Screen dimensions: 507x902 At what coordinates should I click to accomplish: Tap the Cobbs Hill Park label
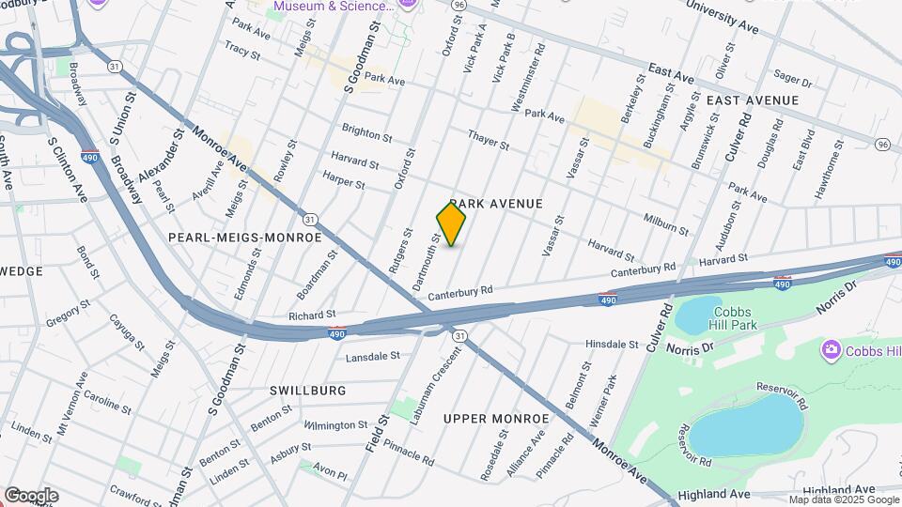(735, 318)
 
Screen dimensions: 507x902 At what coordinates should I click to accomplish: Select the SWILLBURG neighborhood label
(307, 391)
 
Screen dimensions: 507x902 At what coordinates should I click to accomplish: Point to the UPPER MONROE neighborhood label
(495, 419)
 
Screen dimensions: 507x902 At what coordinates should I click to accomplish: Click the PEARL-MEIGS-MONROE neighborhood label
(244, 238)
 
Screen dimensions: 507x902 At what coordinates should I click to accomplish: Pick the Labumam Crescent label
(447, 382)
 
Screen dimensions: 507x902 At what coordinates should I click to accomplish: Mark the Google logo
(31, 495)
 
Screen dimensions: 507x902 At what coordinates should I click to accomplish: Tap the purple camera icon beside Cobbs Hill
(830, 351)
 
